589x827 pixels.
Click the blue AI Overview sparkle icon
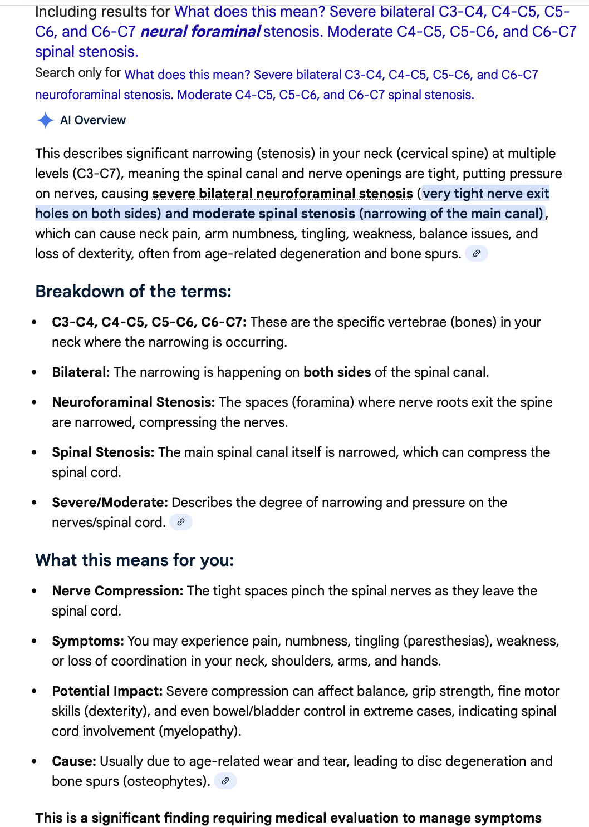point(45,120)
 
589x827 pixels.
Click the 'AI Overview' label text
point(93,120)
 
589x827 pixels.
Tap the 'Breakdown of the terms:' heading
point(133,291)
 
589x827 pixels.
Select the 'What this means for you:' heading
point(134,560)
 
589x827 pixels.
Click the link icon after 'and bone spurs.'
point(476,254)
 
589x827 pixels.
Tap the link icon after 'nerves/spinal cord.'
point(180,523)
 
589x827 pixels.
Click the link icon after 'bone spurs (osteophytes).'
point(225,781)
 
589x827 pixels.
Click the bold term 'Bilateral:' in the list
point(81,372)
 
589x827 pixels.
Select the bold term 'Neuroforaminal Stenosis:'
point(133,402)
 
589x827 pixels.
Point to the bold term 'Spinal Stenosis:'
point(103,452)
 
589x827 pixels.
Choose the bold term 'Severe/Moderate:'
point(110,503)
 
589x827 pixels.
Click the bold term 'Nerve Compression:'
point(117,591)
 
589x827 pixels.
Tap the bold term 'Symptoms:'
point(88,641)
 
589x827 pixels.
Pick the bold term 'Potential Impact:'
point(107,691)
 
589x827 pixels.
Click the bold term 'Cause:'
point(74,761)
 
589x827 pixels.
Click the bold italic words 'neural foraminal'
point(200,32)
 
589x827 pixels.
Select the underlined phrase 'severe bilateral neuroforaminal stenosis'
point(282,194)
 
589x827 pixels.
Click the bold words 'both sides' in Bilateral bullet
point(337,372)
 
